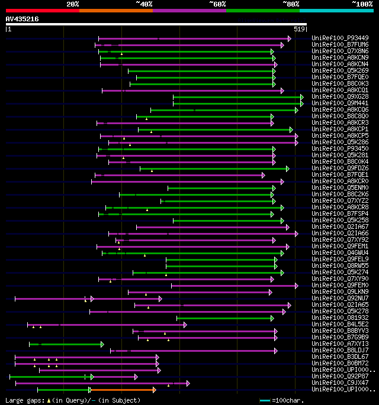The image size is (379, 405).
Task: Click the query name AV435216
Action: tap(22, 19)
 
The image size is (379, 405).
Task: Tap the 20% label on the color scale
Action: tap(73, 4)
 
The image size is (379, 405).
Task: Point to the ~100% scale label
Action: tap(362, 4)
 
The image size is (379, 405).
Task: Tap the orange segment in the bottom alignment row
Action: tap(122, 390)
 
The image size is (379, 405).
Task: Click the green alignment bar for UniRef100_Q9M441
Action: tap(237, 103)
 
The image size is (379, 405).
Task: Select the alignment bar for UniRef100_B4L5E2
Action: tap(107, 325)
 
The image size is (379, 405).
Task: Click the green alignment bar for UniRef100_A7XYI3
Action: tap(66, 344)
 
